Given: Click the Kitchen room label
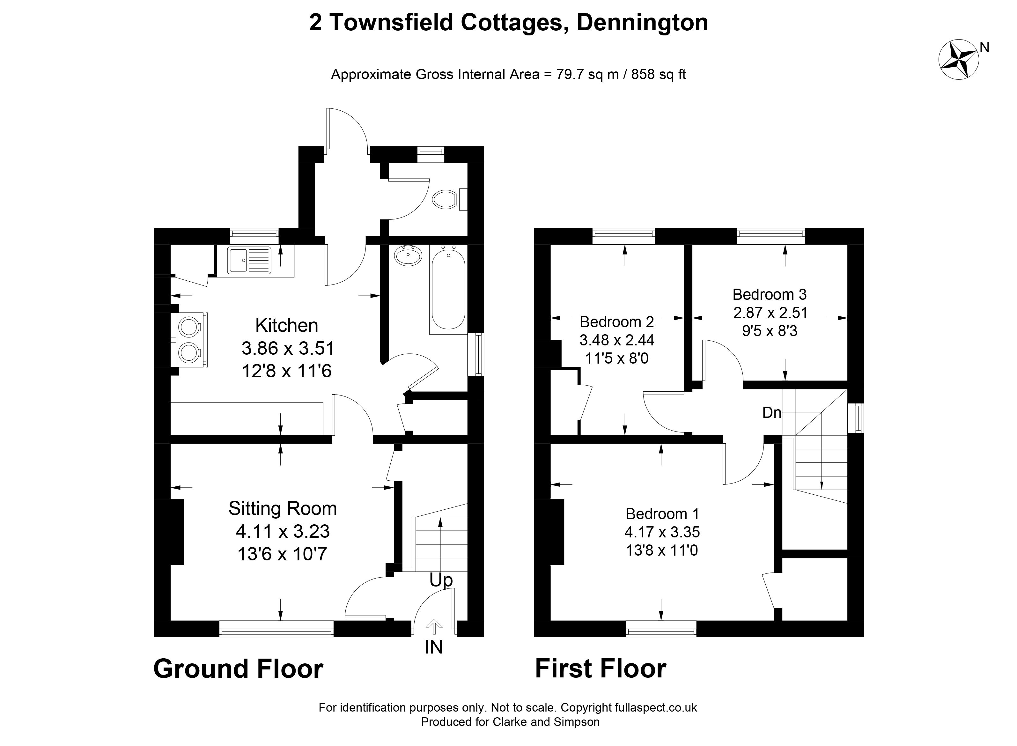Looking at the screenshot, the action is pyautogui.click(x=287, y=325).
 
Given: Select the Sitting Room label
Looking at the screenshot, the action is pyautogui.click(x=283, y=508).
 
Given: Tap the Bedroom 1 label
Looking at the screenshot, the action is pyautogui.click(x=662, y=514).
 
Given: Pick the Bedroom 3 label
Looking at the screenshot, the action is pyautogui.click(x=769, y=294).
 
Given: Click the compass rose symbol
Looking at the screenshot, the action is pyautogui.click(x=958, y=60).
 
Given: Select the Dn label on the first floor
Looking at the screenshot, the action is pyautogui.click(x=771, y=412).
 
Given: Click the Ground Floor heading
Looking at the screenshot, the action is pyautogui.click(x=238, y=669).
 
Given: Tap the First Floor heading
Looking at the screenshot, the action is pyautogui.click(x=601, y=669).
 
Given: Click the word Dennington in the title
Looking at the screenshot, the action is pyautogui.click(x=642, y=23).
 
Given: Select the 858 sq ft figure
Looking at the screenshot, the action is pyautogui.click(x=659, y=74).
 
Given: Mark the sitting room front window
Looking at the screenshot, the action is pyautogui.click(x=276, y=629).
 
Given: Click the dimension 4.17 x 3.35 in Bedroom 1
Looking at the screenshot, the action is pyautogui.click(x=662, y=532).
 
